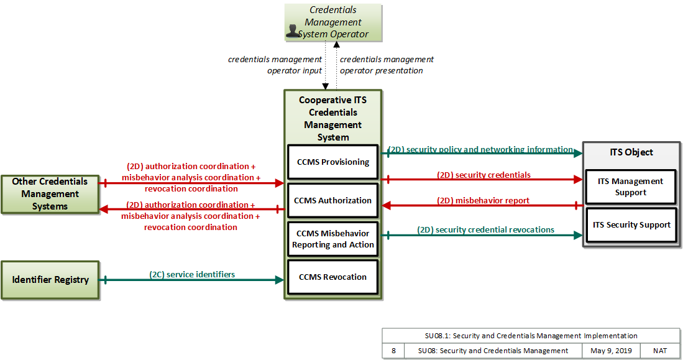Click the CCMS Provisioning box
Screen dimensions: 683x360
coord(332,162)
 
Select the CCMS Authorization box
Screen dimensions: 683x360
coord(332,200)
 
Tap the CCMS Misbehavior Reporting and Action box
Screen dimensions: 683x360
coord(332,239)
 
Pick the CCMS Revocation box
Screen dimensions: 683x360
coord(332,277)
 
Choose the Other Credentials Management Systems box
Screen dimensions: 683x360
coord(50,195)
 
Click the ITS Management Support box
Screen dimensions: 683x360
coord(631,187)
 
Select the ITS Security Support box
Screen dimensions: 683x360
coord(631,225)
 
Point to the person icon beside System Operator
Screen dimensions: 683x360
coord(293,30)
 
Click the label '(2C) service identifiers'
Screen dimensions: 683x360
coord(192,274)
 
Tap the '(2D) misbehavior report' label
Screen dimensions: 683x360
coord(483,200)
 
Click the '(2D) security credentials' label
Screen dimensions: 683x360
coord(484,175)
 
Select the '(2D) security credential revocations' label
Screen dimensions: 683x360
coord(485,229)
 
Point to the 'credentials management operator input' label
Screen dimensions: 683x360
coord(275,65)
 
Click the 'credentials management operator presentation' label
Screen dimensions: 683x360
coord(387,65)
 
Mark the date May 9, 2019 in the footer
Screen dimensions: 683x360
coord(611,351)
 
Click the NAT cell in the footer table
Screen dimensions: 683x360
coord(660,351)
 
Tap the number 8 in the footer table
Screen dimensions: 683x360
coord(394,351)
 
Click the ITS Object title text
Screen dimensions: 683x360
coord(631,152)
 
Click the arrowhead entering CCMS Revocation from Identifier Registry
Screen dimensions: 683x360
coord(280,280)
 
